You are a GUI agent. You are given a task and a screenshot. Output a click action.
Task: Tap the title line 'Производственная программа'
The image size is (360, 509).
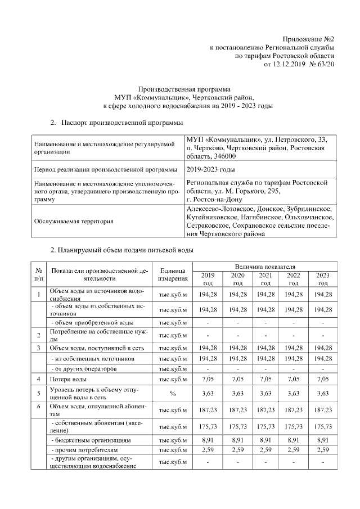click(x=184, y=89)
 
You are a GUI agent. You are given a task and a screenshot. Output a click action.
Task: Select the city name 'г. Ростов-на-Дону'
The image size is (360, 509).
click(x=214, y=200)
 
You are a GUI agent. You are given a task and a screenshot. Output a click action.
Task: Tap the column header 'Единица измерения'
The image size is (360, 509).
click(x=173, y=274)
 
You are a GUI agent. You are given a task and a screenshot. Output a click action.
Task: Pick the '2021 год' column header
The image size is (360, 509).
click(x=265, y=279)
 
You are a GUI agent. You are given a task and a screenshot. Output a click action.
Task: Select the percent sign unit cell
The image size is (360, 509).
click(x=173, y=393)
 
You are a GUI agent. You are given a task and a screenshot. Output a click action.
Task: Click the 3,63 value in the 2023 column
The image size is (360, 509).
click(x=323, y=393)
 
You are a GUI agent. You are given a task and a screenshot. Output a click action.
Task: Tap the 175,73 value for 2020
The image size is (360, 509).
click(x=237, y=426)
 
